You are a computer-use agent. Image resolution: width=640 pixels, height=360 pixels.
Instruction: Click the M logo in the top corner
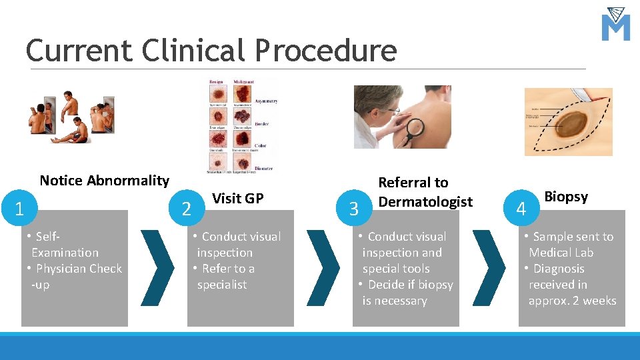click(x=615, y=25)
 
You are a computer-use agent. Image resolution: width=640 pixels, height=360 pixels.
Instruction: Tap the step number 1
click(x=19, y=209)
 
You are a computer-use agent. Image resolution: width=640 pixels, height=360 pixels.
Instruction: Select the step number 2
click(x=187, y=209)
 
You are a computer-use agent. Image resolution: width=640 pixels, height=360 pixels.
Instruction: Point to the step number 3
click(x=354, y=209)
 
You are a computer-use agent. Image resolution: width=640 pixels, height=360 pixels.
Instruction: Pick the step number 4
click(x=521, y=209)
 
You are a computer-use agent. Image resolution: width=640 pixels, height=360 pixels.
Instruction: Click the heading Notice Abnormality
click(x=105, y=181)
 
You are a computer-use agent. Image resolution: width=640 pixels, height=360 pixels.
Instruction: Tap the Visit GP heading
click(x=237, y=198)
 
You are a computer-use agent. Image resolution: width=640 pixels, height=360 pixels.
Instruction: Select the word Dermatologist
click(x=425, y=201)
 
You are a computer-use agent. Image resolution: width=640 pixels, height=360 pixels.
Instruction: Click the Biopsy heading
click(x=566, y=197)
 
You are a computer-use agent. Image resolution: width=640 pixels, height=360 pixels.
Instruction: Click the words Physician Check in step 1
click(x=79, y=269)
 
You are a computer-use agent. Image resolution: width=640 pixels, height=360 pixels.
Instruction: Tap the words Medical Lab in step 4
click(x=561, y=253)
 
